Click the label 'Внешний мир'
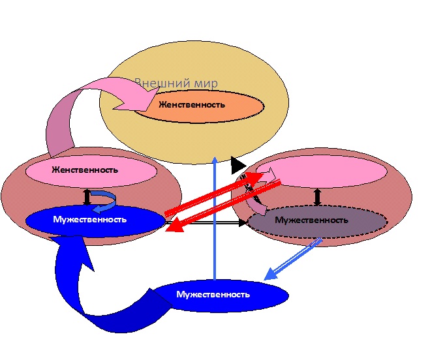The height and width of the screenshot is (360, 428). [x=176, y=84]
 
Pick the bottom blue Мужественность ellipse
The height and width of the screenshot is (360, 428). [x=213, y=294]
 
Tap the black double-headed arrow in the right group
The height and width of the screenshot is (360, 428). [x=318, y=196]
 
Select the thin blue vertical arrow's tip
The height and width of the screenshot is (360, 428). [x=215, y=158]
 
